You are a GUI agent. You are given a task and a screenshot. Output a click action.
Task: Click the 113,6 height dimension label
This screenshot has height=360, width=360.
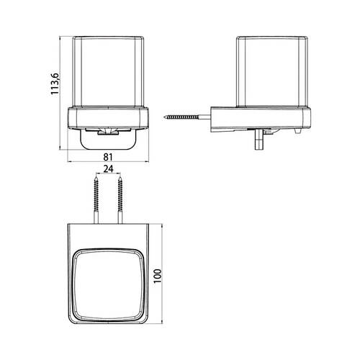[55, 84]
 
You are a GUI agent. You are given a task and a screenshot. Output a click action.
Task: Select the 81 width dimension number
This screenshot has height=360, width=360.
[108, 157]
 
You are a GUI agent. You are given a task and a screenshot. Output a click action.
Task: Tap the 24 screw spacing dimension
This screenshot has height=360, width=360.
[108, 169]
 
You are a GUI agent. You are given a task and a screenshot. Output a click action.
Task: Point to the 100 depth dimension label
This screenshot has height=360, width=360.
[158, 276]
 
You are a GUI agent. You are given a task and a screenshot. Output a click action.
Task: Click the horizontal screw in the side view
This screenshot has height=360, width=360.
[187, 117]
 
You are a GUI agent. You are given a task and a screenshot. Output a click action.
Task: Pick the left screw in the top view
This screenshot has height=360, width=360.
[96, 200]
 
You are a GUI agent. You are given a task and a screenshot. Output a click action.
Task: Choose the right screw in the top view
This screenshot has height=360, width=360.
[120, 200]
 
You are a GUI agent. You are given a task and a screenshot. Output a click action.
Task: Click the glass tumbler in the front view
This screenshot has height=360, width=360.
[108, 71]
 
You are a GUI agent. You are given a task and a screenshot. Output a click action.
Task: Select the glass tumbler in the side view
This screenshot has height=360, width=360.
[272, 71]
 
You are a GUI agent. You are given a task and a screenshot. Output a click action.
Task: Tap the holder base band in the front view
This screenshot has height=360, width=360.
[108, 118]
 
